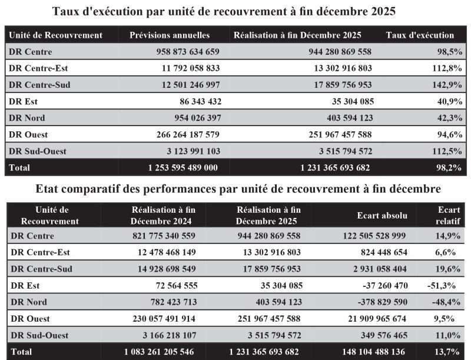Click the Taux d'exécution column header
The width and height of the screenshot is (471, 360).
[x=420, y=35]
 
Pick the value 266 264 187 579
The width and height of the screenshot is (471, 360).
[x=183, y=134]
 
